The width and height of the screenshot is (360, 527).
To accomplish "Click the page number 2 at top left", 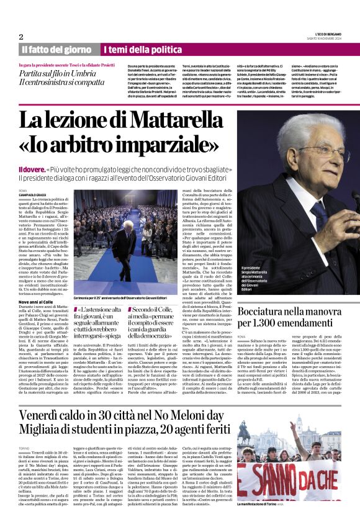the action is click(x=21, y=37).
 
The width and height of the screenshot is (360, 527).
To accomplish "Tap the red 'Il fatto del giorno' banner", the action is click(x=56, y=50).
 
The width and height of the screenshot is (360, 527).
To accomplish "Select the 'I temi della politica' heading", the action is click(x=138, y=50).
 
